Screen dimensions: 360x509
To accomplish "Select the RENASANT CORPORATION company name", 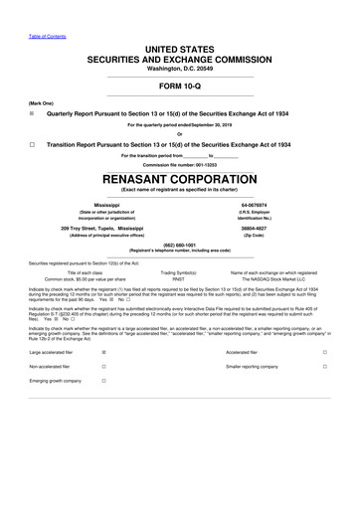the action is pos(179,179).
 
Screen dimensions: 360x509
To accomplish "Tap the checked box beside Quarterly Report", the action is pos(32,113).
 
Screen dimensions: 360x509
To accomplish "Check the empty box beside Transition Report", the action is pos(32,143).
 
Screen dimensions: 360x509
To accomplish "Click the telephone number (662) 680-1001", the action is pos(179,245).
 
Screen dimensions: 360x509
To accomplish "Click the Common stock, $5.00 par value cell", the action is pos(74,279).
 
